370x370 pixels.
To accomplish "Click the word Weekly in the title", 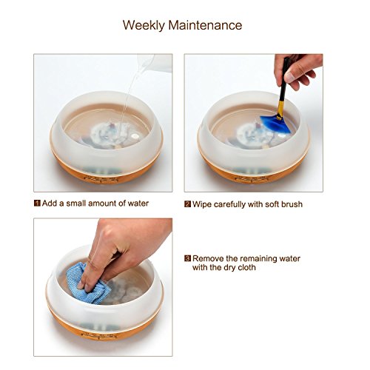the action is (x=144, y=25).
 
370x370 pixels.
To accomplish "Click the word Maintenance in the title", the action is (x=205, y=25).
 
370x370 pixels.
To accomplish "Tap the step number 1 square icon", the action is (x=37, y=203).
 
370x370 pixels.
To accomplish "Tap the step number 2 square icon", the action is (x=188, y=204).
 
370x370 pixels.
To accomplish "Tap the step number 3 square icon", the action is (x=188, y=258).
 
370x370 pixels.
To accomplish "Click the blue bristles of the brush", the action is (x=275, y=124).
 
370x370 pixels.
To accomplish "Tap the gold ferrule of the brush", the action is (x=280, y=110).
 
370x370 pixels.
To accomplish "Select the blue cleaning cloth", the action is (x=85, y=283).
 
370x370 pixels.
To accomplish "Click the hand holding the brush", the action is (x=297, y=70).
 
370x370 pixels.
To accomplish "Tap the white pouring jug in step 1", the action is (x=158, y=63).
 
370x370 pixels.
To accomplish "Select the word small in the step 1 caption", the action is (x=76, y=203).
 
